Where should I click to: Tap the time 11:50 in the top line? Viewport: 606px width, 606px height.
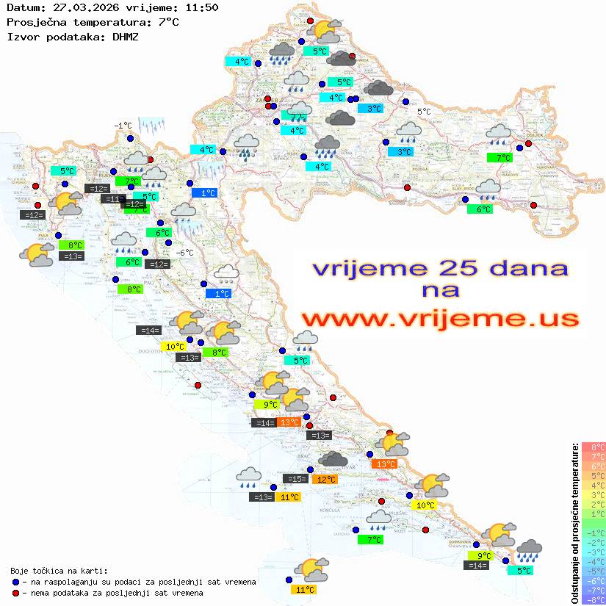point(201,7)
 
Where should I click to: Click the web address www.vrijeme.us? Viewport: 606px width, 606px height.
point(440,319)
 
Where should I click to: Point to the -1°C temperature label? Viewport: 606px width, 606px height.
point(123,126)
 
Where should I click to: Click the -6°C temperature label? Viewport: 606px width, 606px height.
point(185,253)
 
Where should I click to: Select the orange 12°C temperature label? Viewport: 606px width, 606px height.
point(324,480)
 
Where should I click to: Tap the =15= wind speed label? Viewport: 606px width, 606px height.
point(295,479)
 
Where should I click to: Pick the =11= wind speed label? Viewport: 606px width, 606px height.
point(112,199)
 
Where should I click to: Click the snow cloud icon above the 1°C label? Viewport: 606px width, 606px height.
point(225,275)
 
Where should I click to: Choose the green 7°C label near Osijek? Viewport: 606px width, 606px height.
point(502,157)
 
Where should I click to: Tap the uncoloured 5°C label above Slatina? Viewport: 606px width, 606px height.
point(424,112)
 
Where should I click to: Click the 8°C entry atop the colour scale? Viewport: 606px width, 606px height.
point(593,447)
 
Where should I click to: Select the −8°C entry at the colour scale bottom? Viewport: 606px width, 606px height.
point(593,600)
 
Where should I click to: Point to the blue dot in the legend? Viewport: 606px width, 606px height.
point(15,582)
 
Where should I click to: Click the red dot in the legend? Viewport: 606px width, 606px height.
point(15,593)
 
